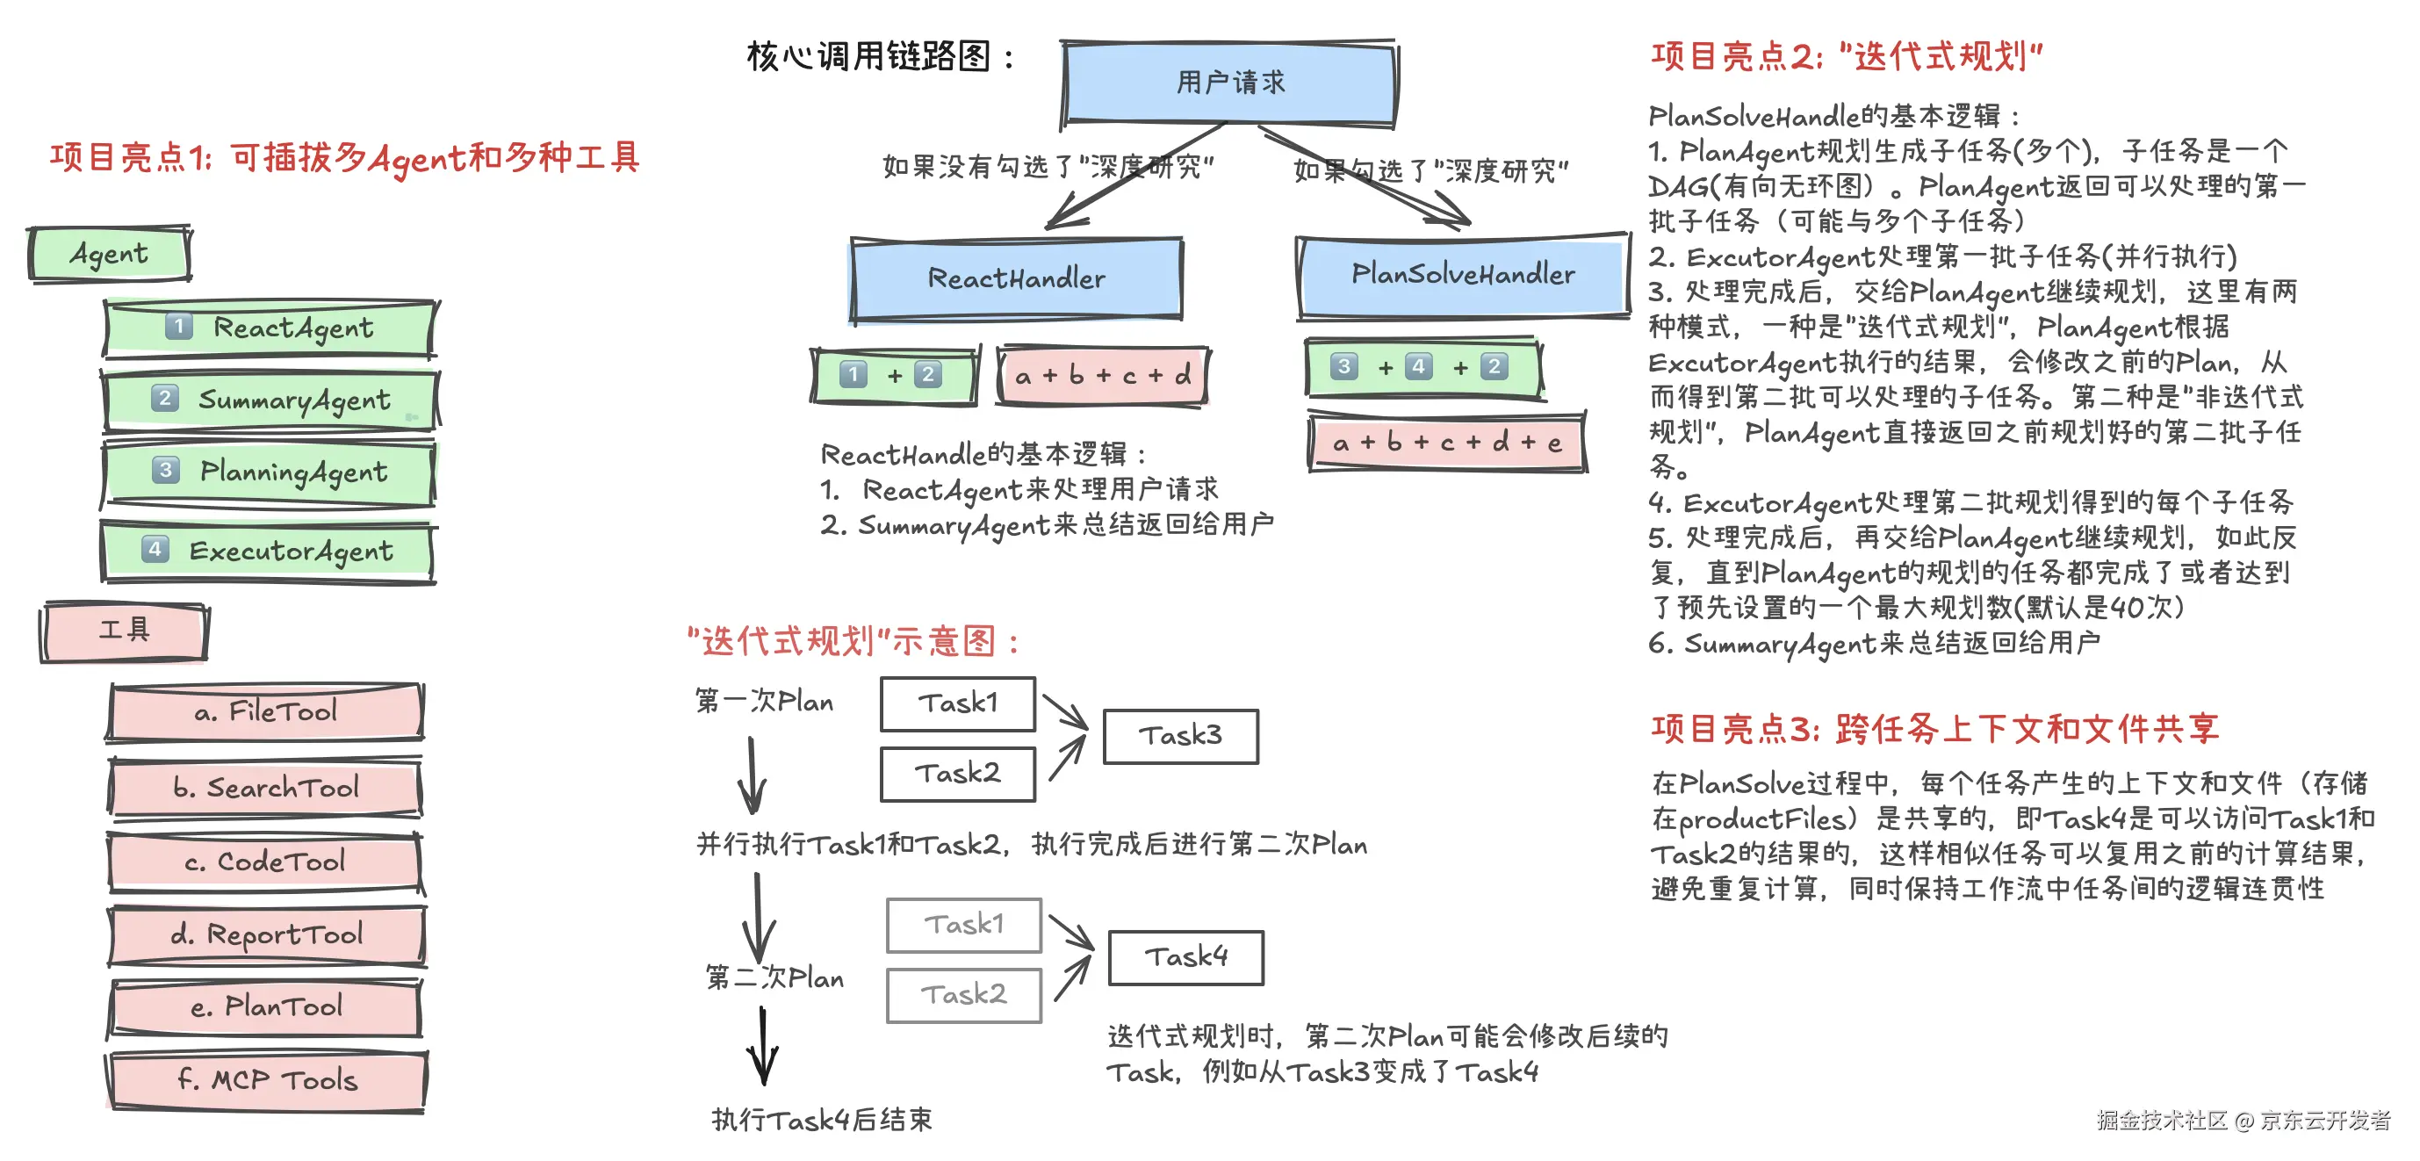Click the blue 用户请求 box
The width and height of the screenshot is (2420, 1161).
click(1228, 83)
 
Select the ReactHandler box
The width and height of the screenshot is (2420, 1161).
click(1016, 279)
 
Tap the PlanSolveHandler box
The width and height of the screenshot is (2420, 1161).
click(1463, 274)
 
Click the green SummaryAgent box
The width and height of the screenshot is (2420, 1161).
click(270, 400)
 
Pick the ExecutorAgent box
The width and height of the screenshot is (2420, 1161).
click(269, 552)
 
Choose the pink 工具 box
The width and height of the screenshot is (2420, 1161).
click(124, 631)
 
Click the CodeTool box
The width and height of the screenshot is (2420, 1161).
click(266, 862)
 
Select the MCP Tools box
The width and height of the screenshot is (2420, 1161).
click(268, 1080)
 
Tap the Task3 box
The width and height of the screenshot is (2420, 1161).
click(1180, 735)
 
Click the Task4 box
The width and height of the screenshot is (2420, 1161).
click(1185, 957)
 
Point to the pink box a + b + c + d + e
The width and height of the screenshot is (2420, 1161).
click(1448, 443)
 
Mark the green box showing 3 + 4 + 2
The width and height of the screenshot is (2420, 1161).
click(1424, 367)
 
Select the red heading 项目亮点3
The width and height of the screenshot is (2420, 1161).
click(1935, 729)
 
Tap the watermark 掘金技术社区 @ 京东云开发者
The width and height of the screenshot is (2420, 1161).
click(2244, 1120)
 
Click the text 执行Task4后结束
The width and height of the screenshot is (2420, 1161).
click(822, 1120)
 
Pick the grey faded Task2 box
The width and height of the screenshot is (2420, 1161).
click(964, 995)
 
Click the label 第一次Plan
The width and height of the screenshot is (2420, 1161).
click(764, 701)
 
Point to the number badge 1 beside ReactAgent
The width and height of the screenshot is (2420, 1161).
click(178, 326)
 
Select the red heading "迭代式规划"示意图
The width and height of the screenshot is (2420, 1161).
click(853, 643)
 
